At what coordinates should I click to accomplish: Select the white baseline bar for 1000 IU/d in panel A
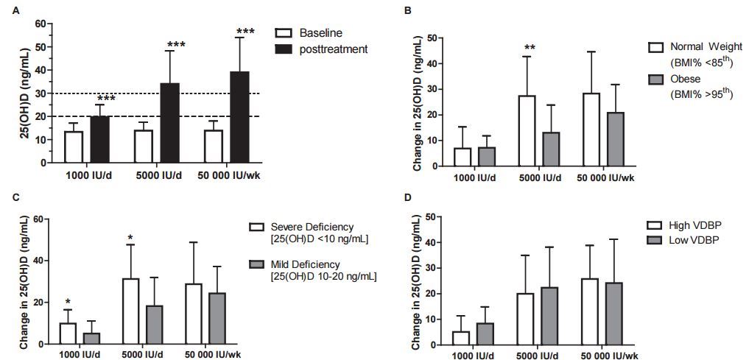(74, 147)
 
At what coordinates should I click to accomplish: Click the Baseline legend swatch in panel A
(283, 34)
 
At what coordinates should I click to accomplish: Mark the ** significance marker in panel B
(529, 49)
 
